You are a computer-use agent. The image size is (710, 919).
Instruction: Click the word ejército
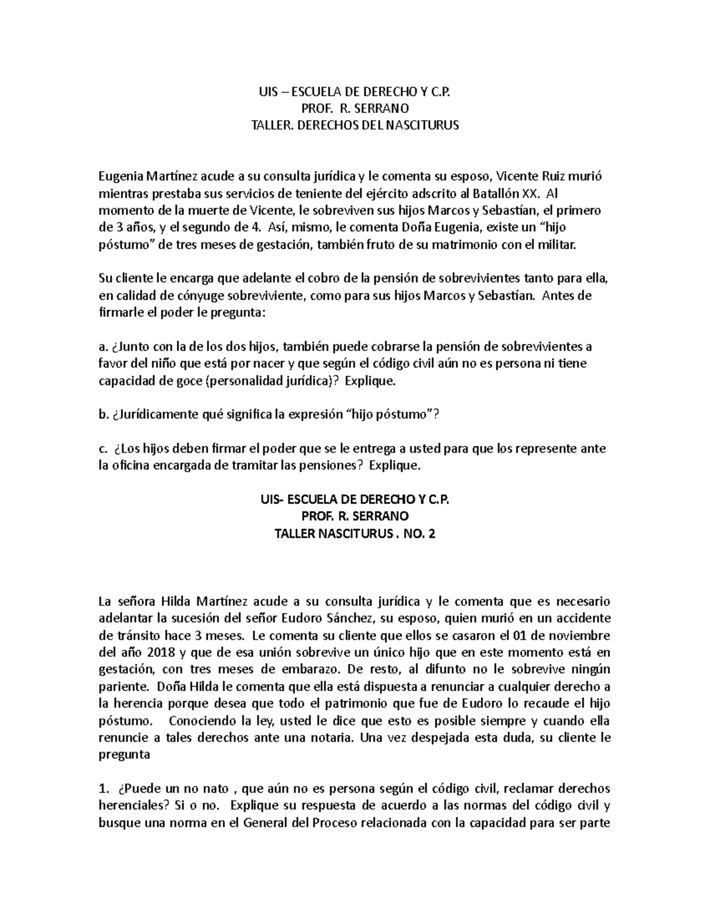tap(393, 194)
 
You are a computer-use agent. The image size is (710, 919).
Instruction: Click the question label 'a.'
tap(102, 347)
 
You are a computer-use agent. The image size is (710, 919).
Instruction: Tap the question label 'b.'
tap(103, 415)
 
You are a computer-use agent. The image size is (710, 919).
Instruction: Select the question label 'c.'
tap(102, 449)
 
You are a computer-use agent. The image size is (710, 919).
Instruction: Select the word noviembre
tap(577, 636)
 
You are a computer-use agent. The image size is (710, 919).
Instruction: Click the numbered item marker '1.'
tap(104, 789)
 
